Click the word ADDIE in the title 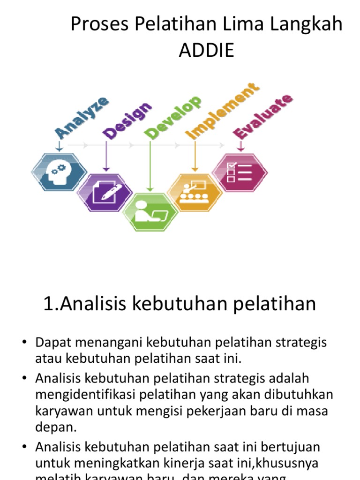pos(206,50)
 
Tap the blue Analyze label pos(82,118)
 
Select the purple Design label pos(128,120)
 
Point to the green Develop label pos(173,118)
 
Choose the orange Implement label pos(222,112)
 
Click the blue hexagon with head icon pos(59,172)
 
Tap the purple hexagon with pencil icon pos(105,192)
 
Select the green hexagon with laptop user pos(150,212)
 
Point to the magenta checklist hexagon pos(240,172)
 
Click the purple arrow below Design pos(106,155)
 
